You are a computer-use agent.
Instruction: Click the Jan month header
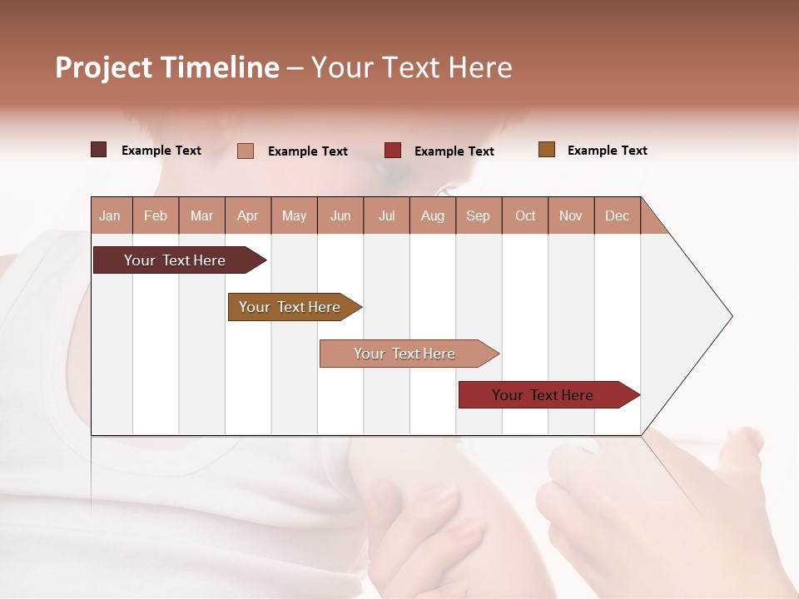pos(111,215)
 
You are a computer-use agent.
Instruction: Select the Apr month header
pos(248,215)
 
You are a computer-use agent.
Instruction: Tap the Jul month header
pos(386,215)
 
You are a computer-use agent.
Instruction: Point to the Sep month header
pos(478,215)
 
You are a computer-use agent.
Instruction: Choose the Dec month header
pos(617,215)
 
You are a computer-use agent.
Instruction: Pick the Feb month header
pos(156,215)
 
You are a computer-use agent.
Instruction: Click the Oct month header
pos(525,215)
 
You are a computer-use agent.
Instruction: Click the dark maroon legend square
pos(99,150)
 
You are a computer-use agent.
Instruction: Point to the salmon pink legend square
pos(246,151)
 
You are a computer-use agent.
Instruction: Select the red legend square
pos(393,150)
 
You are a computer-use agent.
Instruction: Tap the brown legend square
pos(547,150)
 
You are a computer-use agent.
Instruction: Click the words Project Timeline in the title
pos(167,67)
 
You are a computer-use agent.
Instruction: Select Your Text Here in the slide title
pos(412,67)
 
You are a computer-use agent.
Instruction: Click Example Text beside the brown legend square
pos(607,151)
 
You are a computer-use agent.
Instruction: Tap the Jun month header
pos(340,215)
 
